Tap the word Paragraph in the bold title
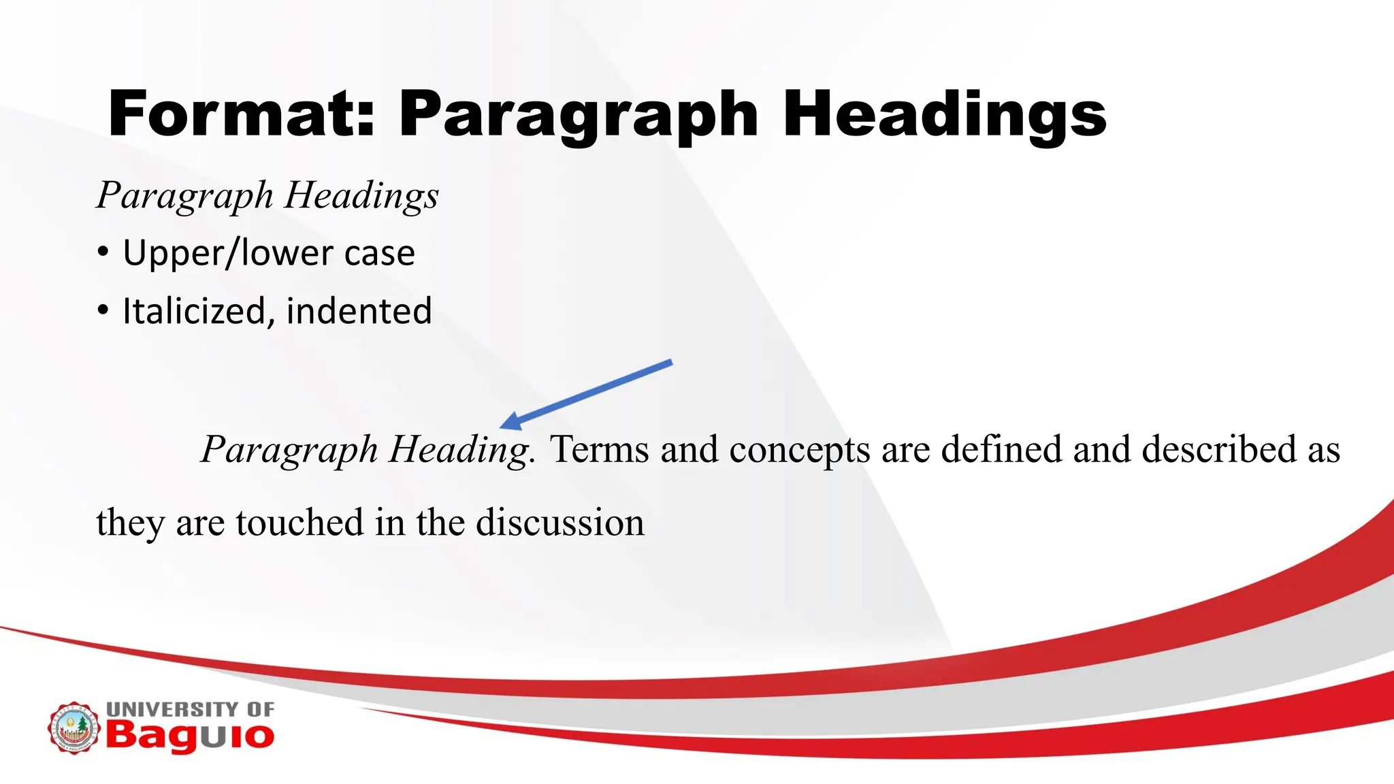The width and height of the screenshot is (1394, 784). coord(579,116)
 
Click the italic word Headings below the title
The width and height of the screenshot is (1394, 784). coord(361,197)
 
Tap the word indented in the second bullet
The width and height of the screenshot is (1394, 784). coord(359,311)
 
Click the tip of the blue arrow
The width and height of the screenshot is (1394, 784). coord(502,427)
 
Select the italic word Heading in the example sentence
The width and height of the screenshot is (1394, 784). coord(461,451)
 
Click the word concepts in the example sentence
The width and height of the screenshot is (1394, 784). coord(799,451)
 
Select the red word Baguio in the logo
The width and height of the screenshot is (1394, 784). coord(190,736)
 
